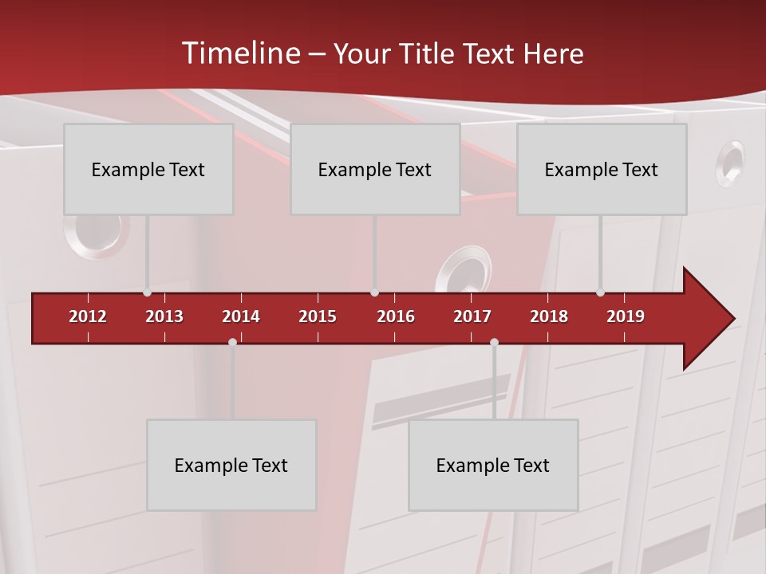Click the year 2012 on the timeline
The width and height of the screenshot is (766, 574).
88,316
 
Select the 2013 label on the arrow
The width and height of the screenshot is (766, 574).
164,316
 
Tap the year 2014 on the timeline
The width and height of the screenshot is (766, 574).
241,316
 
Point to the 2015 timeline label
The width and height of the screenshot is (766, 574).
318,316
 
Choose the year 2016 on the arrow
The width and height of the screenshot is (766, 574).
396,316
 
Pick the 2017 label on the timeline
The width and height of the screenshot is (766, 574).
472,316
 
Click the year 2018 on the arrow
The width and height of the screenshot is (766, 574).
549,316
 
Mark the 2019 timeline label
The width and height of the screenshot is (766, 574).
626,316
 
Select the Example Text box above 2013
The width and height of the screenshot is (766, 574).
148,169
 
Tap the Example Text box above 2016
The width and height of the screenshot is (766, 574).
375,169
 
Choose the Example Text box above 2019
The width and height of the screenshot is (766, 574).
602,169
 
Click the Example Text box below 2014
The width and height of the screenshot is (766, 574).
231,465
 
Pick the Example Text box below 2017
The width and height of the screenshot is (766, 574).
493,465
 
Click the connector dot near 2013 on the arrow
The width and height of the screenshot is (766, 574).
147,293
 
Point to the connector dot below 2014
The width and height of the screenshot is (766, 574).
232,342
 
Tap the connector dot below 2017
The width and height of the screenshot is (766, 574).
494,342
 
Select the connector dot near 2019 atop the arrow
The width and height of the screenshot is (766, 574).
600,293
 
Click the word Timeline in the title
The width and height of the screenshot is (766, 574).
240,53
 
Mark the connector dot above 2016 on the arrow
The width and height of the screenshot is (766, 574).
374,293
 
